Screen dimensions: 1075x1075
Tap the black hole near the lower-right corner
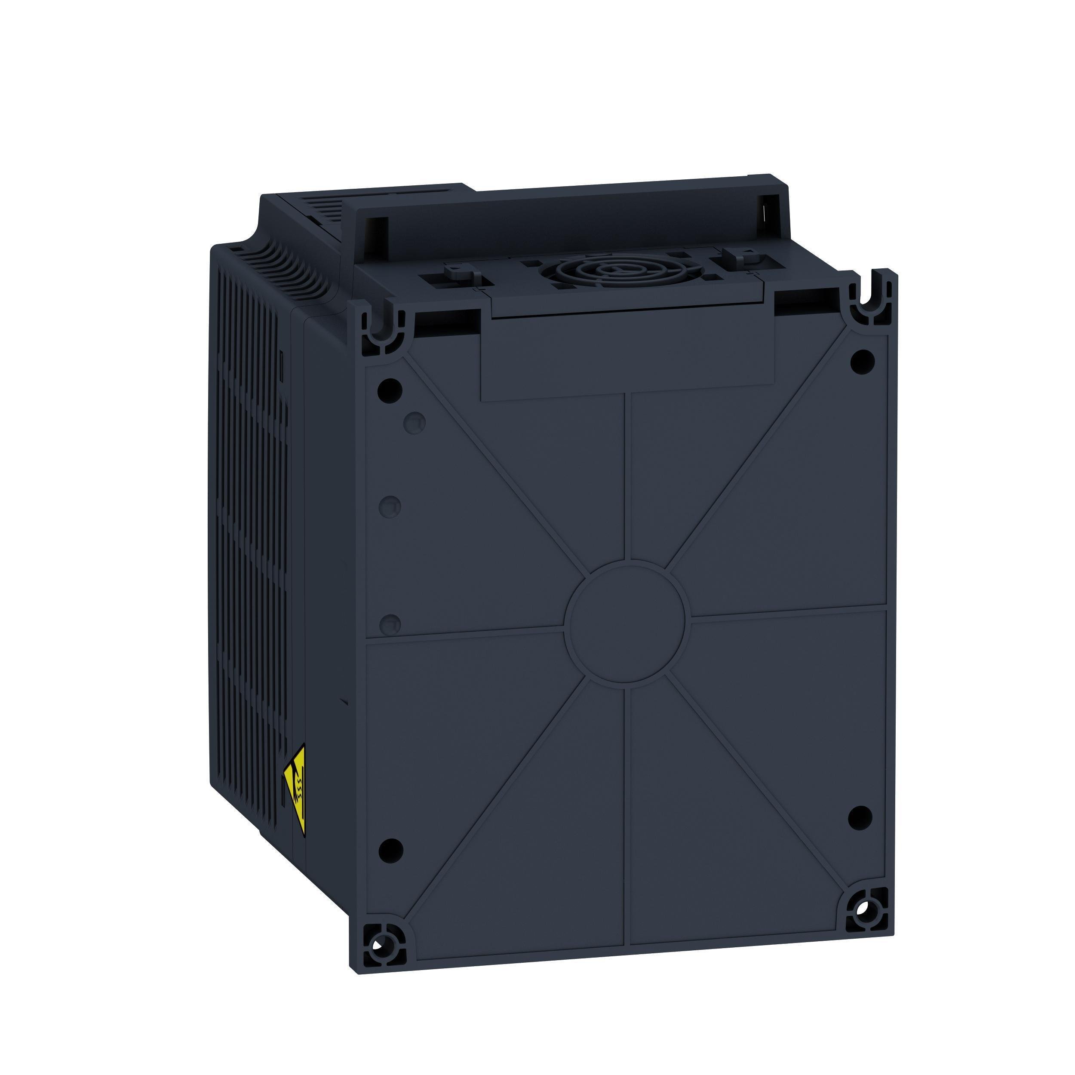(860, 833)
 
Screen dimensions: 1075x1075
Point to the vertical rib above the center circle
(628, 479)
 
